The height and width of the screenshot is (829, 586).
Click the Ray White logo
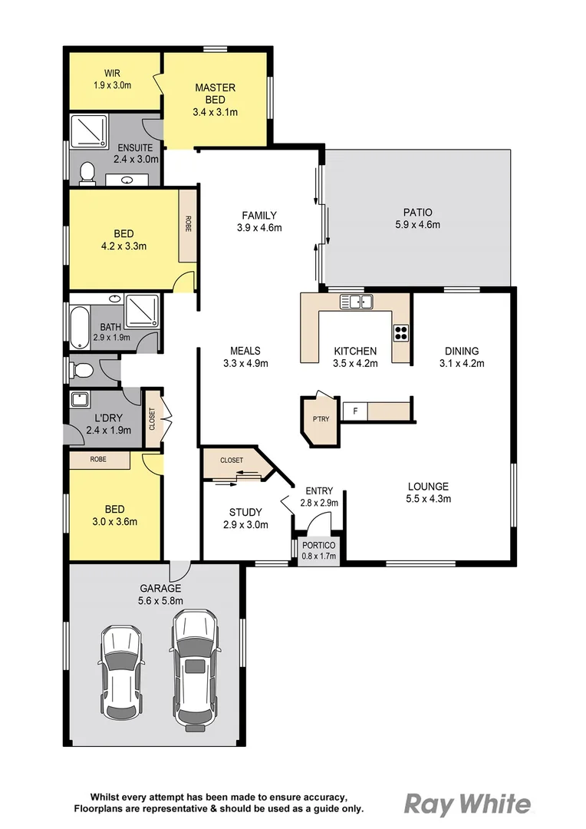click(467, 804)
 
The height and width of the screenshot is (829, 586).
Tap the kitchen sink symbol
click(356, 302)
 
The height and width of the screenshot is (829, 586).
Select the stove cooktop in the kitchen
click(401, 332)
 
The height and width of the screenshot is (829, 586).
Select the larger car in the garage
click(193, 667)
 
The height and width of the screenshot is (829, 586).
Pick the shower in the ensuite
click(87, 131)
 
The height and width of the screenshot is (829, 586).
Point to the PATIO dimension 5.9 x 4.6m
click(417, 225)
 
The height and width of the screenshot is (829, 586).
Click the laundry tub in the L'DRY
click(79, 400)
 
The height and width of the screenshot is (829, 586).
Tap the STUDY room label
click(245, 512)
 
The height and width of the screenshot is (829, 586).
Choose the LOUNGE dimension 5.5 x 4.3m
click(428, 498)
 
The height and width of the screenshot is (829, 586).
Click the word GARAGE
click(160, 589)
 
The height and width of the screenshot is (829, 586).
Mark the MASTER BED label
click(215, 93)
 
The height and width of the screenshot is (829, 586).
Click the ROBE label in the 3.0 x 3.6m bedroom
click(97, 459)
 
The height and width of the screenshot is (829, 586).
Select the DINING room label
click(462, 352)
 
